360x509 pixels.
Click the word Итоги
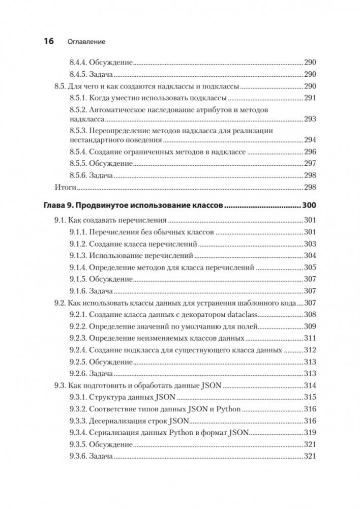tap(65, 187)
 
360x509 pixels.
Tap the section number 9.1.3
tap(78, 256)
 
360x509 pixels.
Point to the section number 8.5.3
tap(78, 131)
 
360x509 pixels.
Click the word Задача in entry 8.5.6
tap(101, 175)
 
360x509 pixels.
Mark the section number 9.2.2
tap(78, 326)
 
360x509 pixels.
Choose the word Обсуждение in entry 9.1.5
tap(111, 279)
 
